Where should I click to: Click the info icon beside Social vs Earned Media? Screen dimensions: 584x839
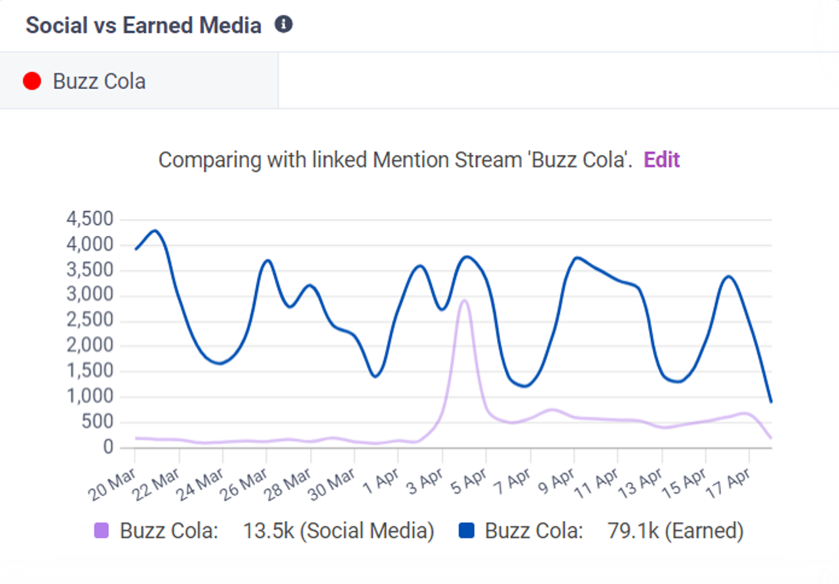283,25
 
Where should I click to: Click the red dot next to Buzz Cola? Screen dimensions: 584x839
32,81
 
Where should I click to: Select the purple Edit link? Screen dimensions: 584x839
661,159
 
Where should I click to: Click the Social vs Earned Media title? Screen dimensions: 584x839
144,26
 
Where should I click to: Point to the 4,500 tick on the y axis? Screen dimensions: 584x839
90,219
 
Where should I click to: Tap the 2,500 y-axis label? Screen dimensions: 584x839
90,320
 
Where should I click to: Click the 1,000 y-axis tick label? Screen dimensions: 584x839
90,396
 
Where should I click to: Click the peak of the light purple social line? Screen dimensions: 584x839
464,301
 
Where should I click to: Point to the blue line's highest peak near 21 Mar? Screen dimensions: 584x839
155,230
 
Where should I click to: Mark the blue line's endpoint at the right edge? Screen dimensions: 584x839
771,402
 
